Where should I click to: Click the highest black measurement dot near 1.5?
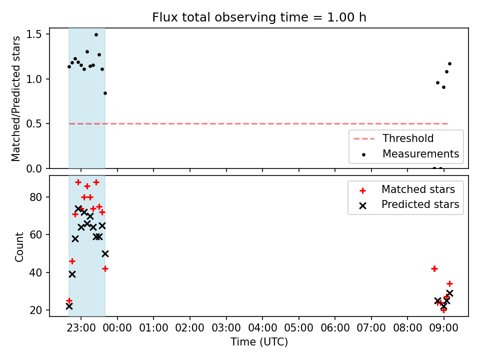click(96, 35)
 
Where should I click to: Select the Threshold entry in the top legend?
click(393, 138)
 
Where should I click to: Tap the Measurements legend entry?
click(410, 153)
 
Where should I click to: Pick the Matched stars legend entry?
click(407, 189)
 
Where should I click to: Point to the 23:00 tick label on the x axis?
click(81, 328)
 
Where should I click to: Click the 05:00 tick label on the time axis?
click(299, 328)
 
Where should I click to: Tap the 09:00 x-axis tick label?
click(444, 328)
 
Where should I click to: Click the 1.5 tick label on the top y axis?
click(33, 34)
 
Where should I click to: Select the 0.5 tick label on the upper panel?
click(33, 123)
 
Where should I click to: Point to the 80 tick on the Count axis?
click(36, 197)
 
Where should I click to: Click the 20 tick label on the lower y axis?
click(36, 310)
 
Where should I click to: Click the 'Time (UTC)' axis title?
click(259, 342)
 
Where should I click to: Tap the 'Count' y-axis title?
click(19, 247)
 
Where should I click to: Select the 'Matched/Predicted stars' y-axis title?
click(15, 98)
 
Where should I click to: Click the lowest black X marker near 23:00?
click(69, 306)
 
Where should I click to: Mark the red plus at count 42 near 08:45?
click(434, 269)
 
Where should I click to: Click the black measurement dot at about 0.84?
click(105, 93)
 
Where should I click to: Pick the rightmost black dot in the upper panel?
click(449, 63)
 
